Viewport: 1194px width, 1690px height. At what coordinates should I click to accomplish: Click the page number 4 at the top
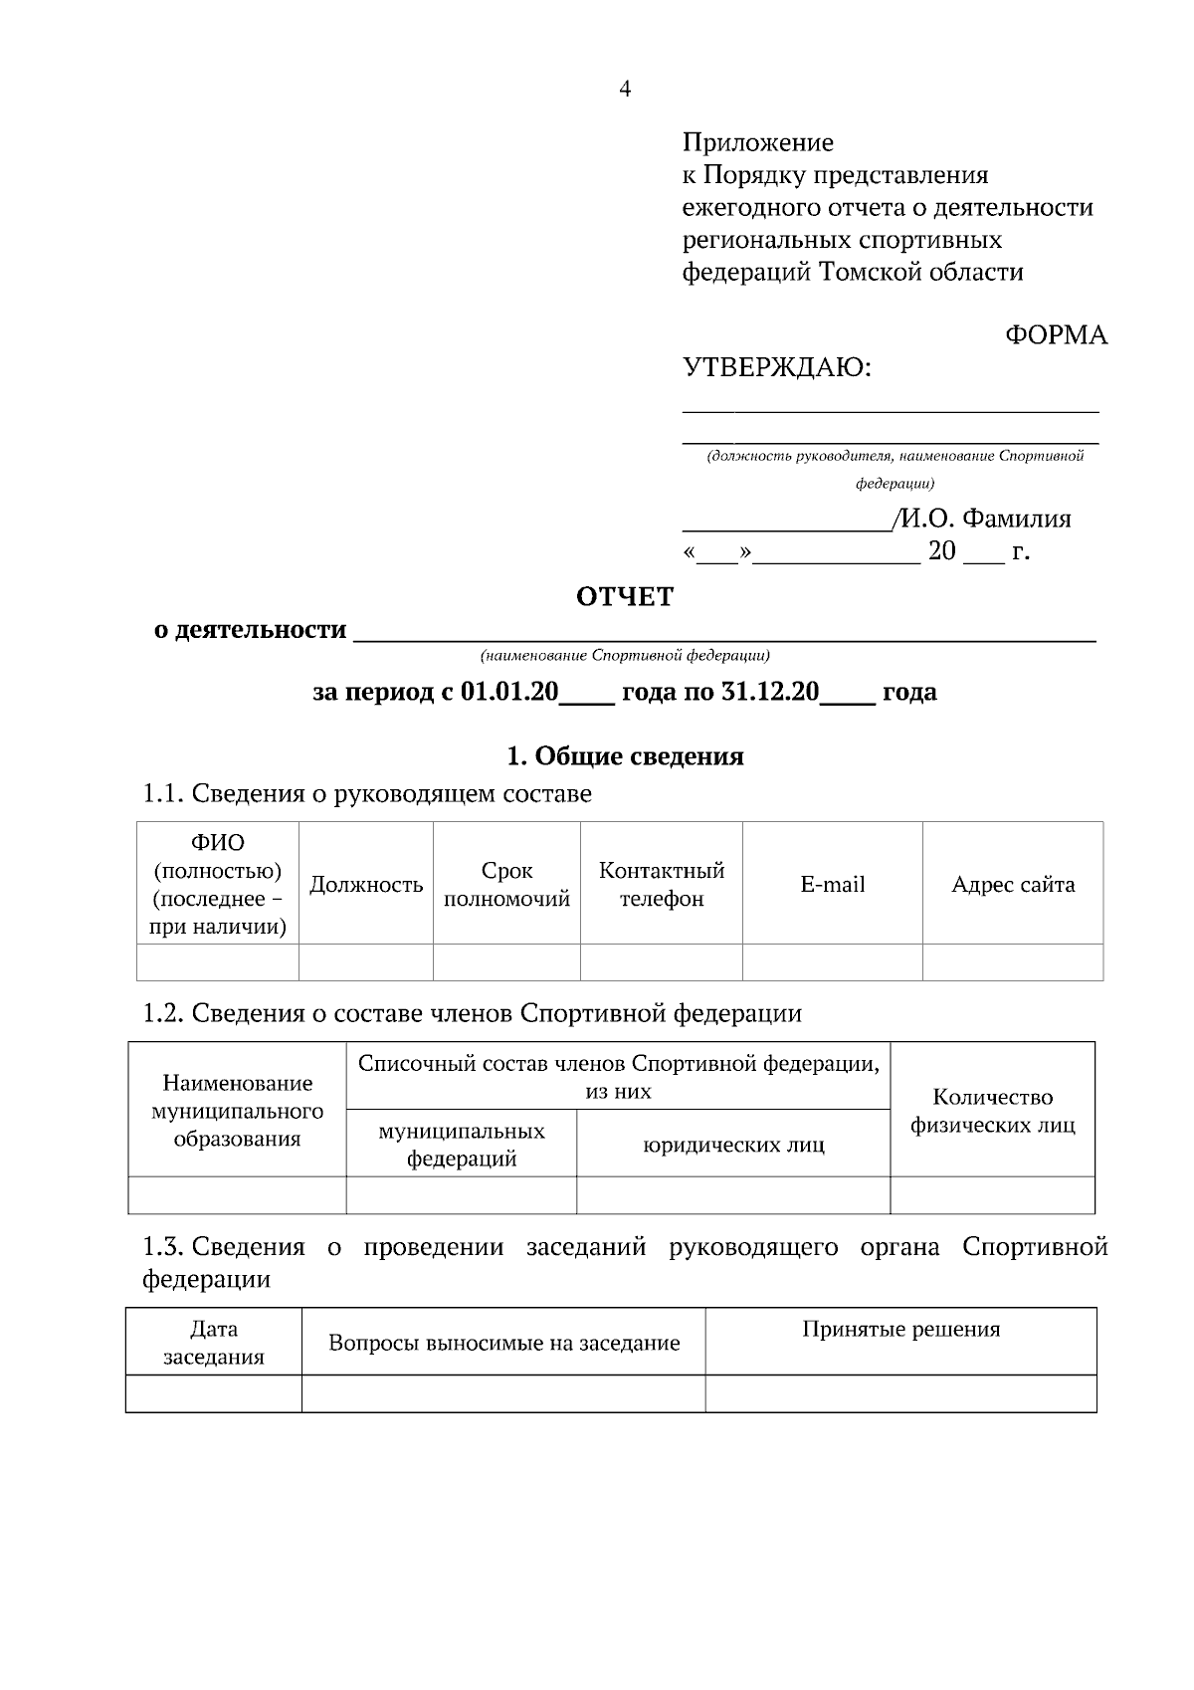coord(625,90)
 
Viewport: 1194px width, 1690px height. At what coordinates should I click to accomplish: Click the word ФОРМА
coord(1056,335)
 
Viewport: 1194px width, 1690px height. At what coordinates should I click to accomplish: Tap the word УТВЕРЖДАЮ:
coord(776,369)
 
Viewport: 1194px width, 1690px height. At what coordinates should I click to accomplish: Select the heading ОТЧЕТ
coord(625,597)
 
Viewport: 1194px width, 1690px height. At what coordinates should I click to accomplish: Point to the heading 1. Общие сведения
coord(625,756)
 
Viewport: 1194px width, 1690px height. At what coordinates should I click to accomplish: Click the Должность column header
coord(366,885)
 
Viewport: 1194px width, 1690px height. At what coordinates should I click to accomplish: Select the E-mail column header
coord(833,885)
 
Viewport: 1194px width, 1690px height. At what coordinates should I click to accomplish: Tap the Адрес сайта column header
coord(1013,885)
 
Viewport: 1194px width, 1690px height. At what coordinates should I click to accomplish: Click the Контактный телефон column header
coord(662,885)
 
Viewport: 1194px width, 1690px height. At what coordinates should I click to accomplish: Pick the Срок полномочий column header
coord(506,885)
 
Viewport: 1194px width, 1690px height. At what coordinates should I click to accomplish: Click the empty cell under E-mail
coord(833,962)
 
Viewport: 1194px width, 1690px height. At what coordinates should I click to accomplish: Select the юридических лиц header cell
coord(733,1146)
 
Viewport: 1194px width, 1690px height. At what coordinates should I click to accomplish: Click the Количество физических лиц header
coord(992,1112)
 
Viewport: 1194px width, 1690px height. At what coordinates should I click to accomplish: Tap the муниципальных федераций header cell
coord(462,1145)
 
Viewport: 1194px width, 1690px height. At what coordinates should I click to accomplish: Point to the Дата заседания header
coord(214,1343)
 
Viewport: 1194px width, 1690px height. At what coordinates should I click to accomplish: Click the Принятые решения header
coord(900,1330)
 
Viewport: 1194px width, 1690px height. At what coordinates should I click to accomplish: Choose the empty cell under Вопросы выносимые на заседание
coord(503,1393)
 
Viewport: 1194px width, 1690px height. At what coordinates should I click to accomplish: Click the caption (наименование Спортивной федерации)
coord(625,656)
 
